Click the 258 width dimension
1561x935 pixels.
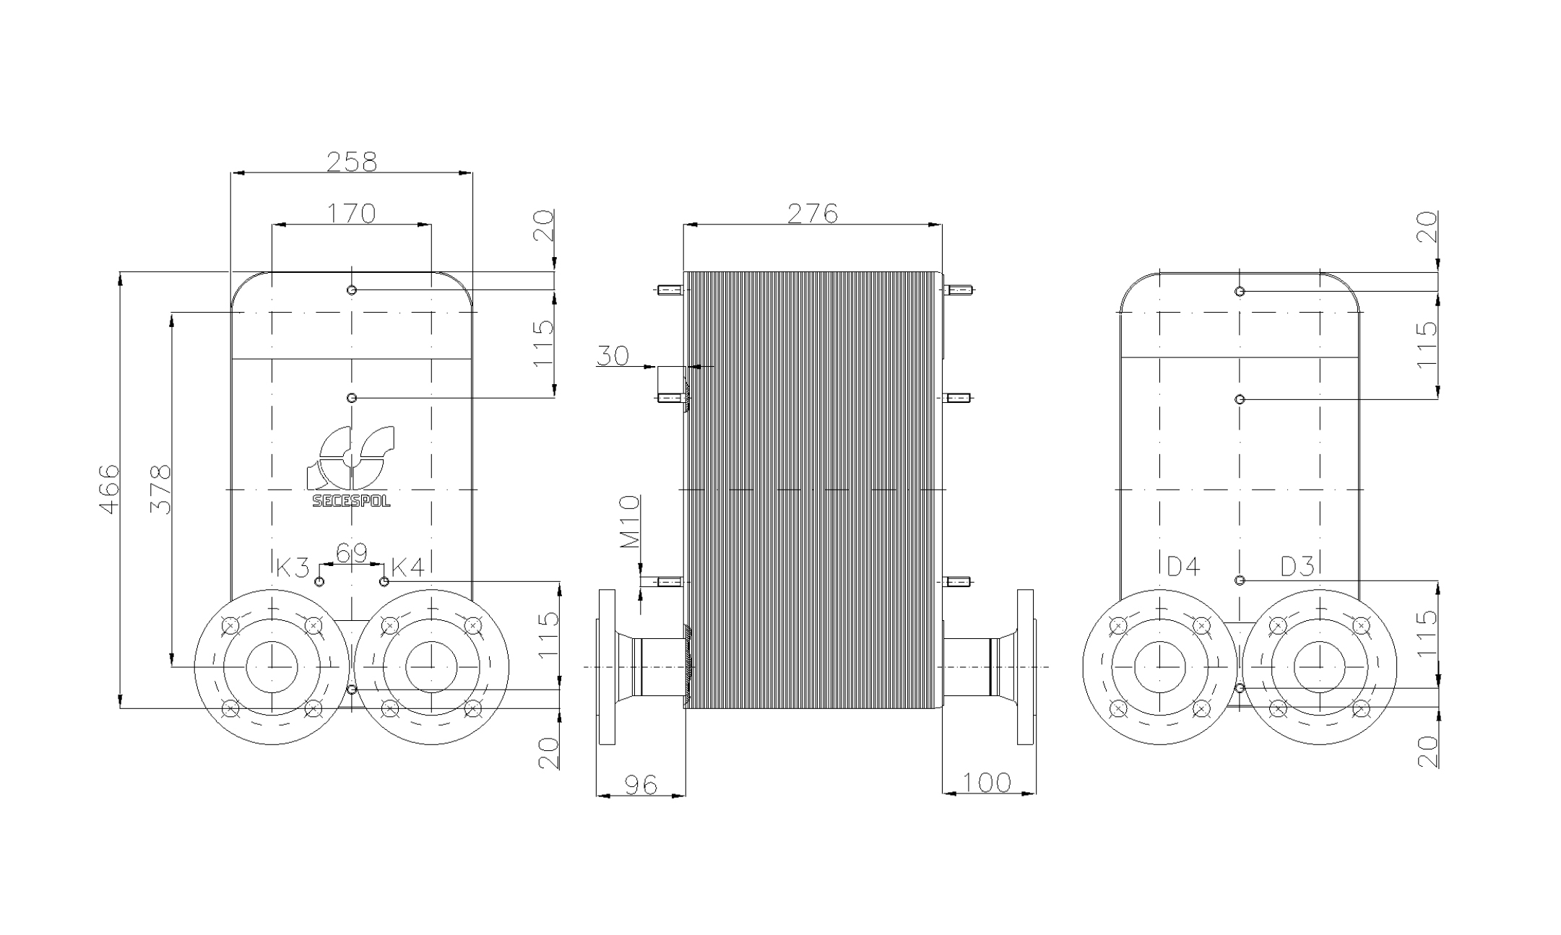pos(352,162)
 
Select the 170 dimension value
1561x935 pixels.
pos(352,213)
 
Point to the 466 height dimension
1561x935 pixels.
pos(109,489)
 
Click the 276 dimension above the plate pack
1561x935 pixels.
pos(812,213)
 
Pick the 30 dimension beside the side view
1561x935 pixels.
pos(613,355)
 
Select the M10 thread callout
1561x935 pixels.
pos(630,521)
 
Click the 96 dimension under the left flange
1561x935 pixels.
pos(640,784)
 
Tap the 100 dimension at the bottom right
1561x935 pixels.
pos(987,782)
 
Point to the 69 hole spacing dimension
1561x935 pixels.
pos(352,553)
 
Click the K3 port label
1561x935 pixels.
pos(293,567)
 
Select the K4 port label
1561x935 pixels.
pos(407,567)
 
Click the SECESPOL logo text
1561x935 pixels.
pos(351,500)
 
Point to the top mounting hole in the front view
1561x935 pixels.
pos(352,290)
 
